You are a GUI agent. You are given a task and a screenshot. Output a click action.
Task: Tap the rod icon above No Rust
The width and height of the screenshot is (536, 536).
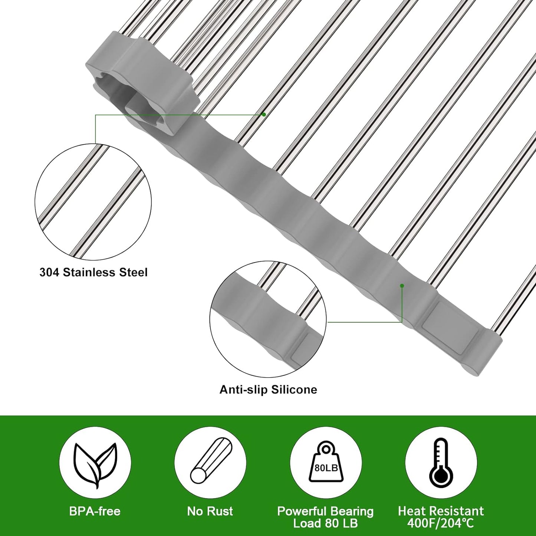click(210, 463)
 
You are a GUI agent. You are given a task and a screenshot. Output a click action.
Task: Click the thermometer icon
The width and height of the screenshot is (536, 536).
click(441, 463)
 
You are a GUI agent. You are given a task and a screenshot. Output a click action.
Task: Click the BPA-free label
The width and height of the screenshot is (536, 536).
click(95, 511)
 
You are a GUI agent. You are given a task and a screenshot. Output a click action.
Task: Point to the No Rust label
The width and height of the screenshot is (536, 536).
click(210, 511)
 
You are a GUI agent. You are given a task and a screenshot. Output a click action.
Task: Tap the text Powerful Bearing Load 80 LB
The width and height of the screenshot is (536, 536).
click(325, 517)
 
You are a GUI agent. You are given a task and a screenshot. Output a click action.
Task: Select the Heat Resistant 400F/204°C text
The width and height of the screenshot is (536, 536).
click(441, 517)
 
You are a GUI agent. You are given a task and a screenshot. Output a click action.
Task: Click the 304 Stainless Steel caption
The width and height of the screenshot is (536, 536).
click(93, 272)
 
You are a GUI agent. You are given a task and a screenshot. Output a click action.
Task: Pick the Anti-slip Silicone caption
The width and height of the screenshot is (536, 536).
click(268, 389)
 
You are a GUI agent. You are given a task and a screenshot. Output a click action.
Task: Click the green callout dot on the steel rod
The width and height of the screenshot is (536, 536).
click(264, 115)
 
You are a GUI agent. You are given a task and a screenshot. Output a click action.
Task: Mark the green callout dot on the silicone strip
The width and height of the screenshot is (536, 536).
click(402, 286)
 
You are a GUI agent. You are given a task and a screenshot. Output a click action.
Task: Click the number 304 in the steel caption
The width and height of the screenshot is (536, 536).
click(50, 272)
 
